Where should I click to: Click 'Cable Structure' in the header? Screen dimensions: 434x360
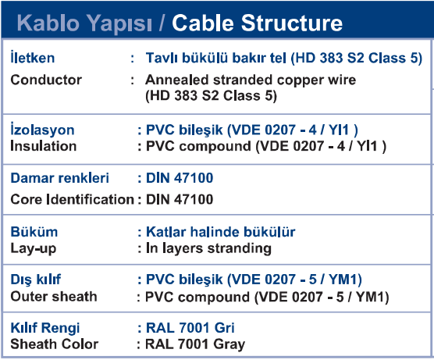[257, 23]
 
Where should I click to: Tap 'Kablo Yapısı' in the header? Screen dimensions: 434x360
[84, 23]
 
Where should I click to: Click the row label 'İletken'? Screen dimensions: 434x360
[32, 57]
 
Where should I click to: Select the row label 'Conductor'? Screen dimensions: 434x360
[46, 80]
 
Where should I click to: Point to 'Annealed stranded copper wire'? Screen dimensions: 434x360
[251, 80]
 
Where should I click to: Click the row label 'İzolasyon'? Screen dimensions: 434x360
[42, 129]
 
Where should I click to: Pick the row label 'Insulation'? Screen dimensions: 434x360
[44, 146]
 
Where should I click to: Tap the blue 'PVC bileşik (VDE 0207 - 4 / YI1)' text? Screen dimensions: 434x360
[251, 130]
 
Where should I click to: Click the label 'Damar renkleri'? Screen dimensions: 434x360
[60, 178]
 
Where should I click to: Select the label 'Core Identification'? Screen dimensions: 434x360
[73, 199]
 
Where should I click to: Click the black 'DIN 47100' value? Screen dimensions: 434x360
[180, 199]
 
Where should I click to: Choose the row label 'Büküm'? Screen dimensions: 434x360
[34, 232]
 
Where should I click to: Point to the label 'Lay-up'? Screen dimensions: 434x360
[34, 248]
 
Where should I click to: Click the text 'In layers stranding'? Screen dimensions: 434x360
[208, 248]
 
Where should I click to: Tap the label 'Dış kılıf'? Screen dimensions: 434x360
[36, 280]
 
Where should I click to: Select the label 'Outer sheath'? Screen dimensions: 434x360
[54, 296]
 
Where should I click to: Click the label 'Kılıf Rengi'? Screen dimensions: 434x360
[44, 328]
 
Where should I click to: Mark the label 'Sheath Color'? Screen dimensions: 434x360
[55, 344]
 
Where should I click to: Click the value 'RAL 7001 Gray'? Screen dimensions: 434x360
[195, 344]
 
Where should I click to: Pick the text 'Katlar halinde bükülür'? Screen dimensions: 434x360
[221, 232]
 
